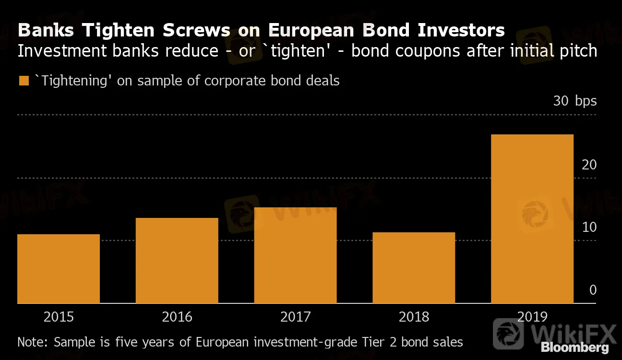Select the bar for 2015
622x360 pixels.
(x=59, y=269)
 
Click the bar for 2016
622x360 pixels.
(x=177, y=261)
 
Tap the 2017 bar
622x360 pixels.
(x=295, y=255)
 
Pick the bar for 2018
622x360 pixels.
(x=414, y=268)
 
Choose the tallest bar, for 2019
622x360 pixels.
(x=532, y=219)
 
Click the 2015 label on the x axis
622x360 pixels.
(x=59, y=317)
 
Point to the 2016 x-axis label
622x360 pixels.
(x=177, y=317)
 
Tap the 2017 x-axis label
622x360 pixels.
(x=295, y=317)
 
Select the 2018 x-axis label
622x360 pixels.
(x=414, y=317)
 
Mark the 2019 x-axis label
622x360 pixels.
(x=532, y=317)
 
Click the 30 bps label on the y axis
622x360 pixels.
(x=575, y=101)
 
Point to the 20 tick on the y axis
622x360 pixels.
(x=589, y=165)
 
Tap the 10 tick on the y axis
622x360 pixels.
(x=589, y=227)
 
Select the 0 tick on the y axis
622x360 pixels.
(x=593, y=290)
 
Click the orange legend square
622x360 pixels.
(x=23, y=81)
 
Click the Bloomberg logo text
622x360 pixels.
(x=574, y=348)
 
